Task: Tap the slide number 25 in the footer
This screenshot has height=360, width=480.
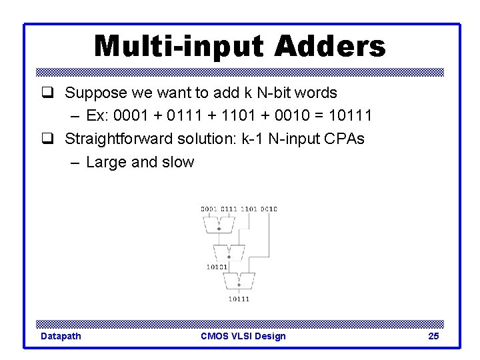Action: tap(433, 336)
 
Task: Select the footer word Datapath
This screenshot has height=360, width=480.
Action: tap(61, 336)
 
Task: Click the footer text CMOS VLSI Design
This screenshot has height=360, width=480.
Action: tap(243, 336)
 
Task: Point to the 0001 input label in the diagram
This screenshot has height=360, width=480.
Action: tap(209, 209)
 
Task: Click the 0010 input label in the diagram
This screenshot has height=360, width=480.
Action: tap(269, 209)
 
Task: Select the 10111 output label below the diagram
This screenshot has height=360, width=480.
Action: tap(239, 299)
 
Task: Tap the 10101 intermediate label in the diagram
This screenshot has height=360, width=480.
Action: tap(217, 267)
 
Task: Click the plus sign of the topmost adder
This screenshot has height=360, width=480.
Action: tap(219, 229)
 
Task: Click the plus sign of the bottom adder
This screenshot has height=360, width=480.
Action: tap(239, 285)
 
